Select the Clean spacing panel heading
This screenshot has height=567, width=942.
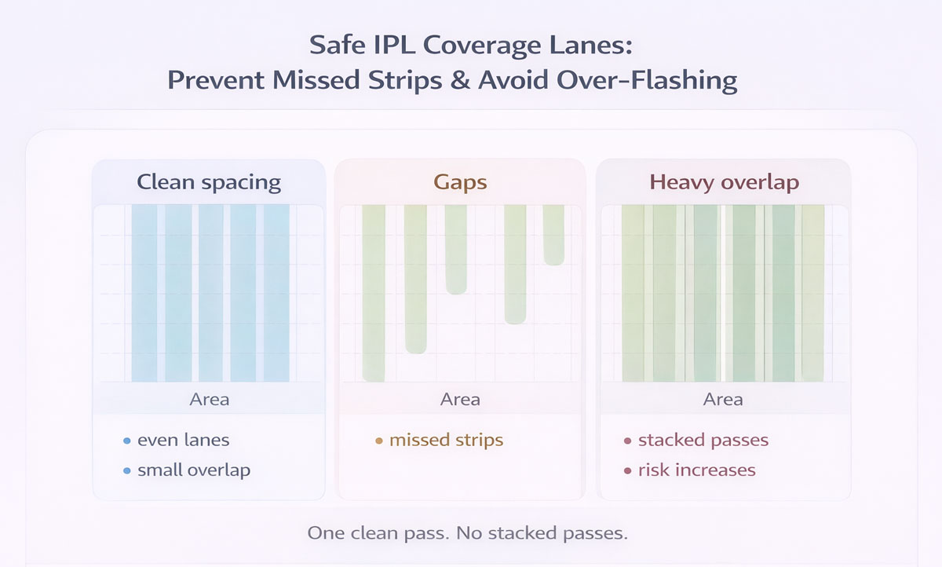tap(209, 182)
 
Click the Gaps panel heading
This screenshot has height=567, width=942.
tap(460, 182)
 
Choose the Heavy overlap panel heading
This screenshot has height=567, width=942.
tap(724, 182)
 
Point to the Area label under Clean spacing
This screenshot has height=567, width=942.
tap(209, 399)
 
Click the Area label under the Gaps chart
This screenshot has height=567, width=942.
tap(460, 399)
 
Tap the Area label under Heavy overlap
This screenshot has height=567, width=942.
tap(723, 399)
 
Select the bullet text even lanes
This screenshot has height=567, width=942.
tap(183, 440)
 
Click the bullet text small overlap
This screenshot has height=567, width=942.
tap(193, 470)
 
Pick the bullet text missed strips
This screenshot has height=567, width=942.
tap(446, 440)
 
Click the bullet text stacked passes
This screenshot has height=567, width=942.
tap(703, 440)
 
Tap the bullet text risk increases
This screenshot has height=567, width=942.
tap(696, 470)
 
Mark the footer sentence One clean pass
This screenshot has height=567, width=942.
tap(468, 534)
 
